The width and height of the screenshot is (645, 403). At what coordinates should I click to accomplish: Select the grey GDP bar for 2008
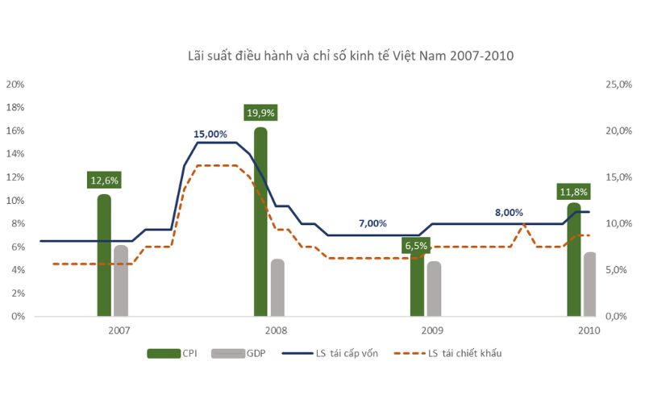[277, 288]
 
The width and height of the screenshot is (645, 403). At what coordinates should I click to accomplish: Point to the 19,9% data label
[260, 113]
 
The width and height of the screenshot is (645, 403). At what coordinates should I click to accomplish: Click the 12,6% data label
[104, 180]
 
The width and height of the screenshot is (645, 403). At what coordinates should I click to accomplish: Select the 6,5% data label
[417, 245]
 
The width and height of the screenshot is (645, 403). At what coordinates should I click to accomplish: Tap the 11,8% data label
[573, 192]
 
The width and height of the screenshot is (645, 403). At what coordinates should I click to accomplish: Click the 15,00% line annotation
[210, 134]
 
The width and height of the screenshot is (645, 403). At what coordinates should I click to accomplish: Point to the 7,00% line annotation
[372, 223]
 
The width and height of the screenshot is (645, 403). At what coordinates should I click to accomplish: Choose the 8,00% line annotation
[509, 212]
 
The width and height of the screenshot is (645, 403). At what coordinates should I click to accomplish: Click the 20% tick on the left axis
[15, 84]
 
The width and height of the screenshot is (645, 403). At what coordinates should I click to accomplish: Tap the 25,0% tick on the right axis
[609, 84]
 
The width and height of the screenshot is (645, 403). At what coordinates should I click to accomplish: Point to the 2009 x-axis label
[432, 330]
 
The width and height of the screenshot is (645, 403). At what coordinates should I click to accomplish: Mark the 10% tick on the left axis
[15, 201]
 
